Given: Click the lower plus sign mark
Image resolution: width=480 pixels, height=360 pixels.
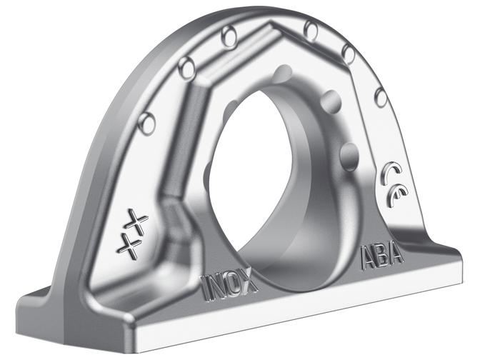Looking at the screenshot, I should pyautogui.click(x=129, y=246).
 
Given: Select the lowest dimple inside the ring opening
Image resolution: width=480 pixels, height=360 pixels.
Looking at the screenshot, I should pyautogui.click(x=350, y=151).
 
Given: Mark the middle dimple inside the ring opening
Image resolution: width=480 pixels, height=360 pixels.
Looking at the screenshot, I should pyautogui.click(x=331, y=100).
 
